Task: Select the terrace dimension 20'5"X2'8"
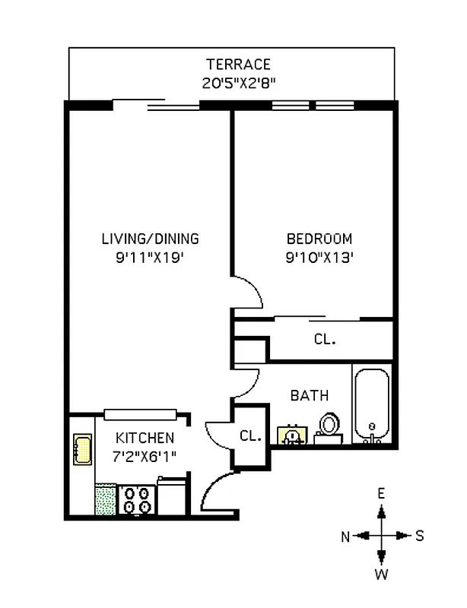(238, 83)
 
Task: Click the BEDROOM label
(319, 238)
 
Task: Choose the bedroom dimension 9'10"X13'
(319, 258)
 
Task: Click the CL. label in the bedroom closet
(325, 340)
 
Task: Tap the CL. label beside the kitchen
(249, 436)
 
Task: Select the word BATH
(310, 395)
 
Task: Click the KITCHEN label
(145, 438)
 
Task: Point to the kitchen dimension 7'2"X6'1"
(145, 456)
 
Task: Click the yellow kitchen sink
(81, 449)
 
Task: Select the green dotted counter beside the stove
(105, 499)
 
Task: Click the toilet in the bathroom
(329, 426)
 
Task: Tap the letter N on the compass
(345, 537)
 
